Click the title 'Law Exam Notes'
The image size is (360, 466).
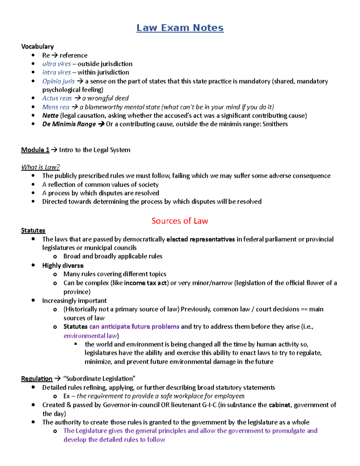[180, 28]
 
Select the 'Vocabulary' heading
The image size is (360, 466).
[37, 47]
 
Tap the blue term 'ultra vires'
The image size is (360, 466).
[57, 64]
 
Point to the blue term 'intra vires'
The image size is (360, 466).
[57, 72]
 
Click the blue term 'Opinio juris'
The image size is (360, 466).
[58, 81]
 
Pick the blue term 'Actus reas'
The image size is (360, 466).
[57, 98]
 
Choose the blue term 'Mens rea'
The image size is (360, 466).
[56, 107]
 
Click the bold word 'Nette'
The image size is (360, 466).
[50, 116]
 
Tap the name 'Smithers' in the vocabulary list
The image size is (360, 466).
[275, 124]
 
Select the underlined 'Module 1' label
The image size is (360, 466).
[35, 150]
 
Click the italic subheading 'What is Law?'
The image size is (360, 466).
[40, 167]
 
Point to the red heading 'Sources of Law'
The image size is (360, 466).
[180, 221]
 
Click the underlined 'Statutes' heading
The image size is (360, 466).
[33, 230]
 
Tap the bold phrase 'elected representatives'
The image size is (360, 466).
[200, 239]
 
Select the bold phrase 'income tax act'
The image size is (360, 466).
[145, 283]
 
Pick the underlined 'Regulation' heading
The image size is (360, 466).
[37, 379]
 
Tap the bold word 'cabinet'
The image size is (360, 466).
[279, 405]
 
